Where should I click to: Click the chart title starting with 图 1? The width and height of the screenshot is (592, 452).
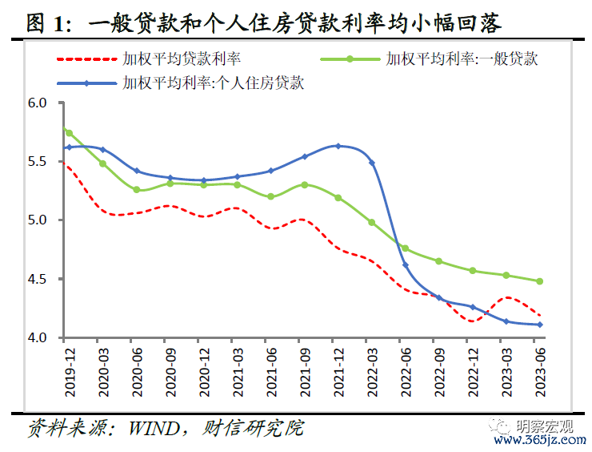(264, 24)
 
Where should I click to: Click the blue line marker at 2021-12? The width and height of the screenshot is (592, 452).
(338, 146)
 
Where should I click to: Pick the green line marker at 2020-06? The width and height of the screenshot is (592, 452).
(136, 190)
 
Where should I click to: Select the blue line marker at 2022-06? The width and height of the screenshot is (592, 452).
(405, 264)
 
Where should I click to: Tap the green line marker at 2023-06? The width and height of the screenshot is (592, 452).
(540, 281)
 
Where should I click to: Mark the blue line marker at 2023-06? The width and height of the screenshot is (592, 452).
(540, 325)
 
